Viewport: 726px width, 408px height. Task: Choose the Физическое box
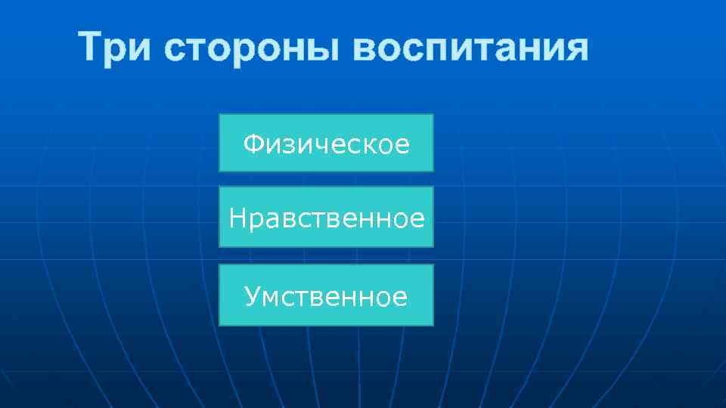point(326,143)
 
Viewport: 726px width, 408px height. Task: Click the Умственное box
point(326,295)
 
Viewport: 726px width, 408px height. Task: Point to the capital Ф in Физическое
point(252,143)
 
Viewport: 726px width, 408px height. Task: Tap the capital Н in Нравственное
point(237,218)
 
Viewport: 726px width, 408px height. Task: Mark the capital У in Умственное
point(253,296)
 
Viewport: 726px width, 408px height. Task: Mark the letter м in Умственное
point(271,297)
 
